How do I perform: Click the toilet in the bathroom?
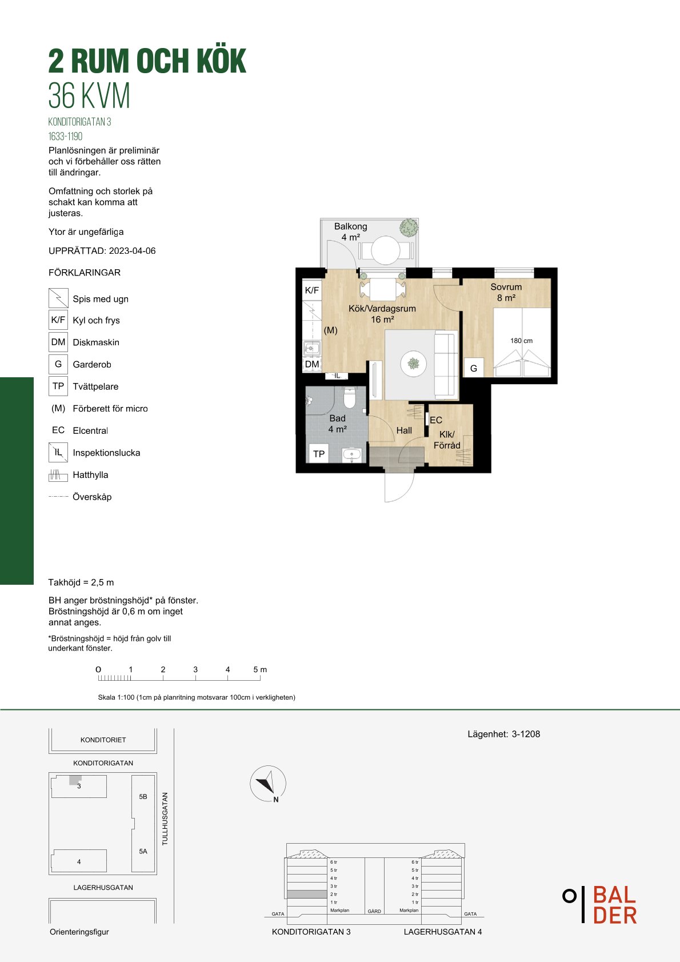coord(350,397)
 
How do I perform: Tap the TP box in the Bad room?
coord(318,453)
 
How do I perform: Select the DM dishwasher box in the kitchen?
coord(312,364)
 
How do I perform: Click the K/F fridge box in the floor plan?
coord(312,290)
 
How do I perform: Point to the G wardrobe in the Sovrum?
coord(474,368)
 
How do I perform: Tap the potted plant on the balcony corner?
coord(409,227)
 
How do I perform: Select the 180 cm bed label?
coord(521,341)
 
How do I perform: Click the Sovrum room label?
coord(506,287)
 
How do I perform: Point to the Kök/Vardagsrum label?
coord(382,308)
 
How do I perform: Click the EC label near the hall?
coord(436,420)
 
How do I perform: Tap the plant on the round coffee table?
coord(413,364)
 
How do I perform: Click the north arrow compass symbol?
coord(268,784)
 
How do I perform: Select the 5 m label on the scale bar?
coord(260,669)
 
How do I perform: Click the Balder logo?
coord(600,904)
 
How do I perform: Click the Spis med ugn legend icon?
coord(58,298)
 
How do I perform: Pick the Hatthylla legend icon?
coord(58,474)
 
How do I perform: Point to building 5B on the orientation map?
coord(143,796)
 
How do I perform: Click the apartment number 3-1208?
coord(526,734)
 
